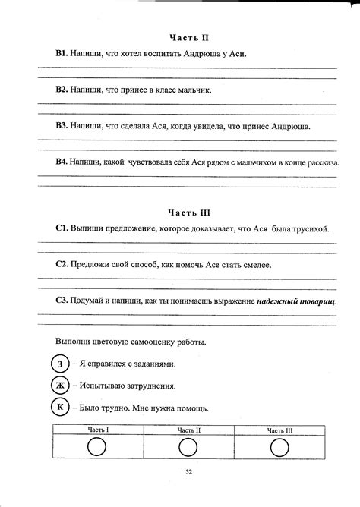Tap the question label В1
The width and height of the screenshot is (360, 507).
tap(62, 54)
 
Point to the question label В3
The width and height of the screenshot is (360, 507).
tap(62, 126)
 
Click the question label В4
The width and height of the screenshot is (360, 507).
tap(62, 162)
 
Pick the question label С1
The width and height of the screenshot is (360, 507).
tap(62, 228)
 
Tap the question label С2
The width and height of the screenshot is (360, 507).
tap(62, 265)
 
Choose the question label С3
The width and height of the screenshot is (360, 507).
tap(62, 301)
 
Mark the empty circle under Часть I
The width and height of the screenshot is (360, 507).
tap(97, 449)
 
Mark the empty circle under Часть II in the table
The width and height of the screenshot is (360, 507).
tap(188, 449)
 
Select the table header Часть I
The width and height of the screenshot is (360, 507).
tap(98, 430)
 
